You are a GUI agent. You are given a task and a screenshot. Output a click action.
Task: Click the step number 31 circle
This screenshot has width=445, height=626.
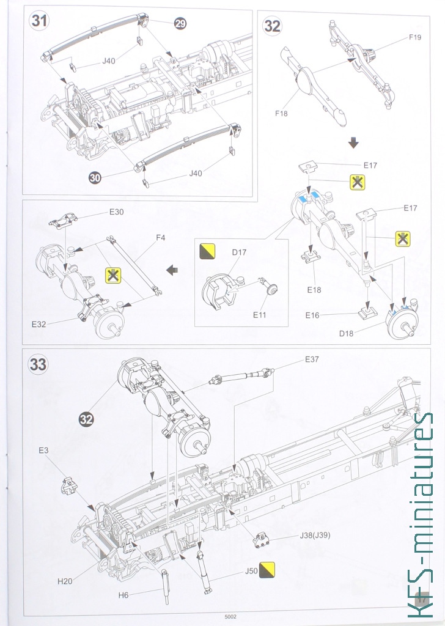tap(40, 20)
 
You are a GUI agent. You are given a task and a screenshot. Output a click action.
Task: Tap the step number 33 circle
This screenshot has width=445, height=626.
tap(38, 365)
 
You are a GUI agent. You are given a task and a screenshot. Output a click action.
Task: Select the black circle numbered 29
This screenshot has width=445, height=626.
tap(180, 23)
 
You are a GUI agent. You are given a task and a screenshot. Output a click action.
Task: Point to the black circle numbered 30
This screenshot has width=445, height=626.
tap(95, 178)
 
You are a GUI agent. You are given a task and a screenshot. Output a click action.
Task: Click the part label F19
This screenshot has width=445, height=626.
tap(415, 37)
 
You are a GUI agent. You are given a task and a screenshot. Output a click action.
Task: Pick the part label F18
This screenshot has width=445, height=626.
tap(282, 114)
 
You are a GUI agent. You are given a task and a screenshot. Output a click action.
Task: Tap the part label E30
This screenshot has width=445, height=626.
tap(116, 212)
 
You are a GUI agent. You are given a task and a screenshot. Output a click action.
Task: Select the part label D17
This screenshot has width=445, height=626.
tap(239, 251)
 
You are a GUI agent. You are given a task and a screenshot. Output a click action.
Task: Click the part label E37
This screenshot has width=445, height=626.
tap(312, 360)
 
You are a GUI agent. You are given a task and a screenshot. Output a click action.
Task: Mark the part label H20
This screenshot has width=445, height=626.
tap(65, 581)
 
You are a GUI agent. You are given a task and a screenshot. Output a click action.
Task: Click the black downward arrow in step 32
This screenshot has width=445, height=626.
tap(353, 143)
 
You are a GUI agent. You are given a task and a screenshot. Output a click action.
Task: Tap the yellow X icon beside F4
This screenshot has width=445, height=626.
tap(113, 276)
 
